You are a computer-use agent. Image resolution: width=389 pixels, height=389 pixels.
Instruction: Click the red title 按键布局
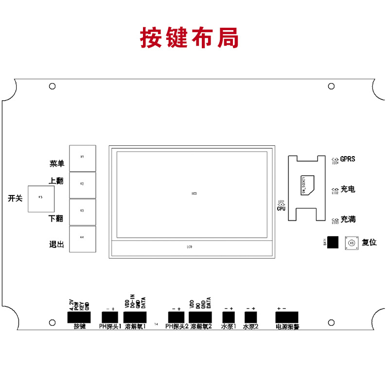pyautogui.click(x=190, y=37)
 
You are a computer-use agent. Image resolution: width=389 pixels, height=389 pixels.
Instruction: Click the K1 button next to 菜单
pyautogui.click(x=83, y=158)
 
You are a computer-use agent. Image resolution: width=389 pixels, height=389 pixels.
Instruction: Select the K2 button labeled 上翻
pyautogui.click(x=83, y=184)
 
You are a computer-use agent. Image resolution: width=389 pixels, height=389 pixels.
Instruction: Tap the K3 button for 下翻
pyautogui.click(x=83, y=211)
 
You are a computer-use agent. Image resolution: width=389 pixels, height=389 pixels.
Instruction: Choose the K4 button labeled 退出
pyautogui.click(x=83, y=238)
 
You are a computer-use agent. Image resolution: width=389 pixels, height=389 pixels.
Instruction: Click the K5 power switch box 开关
pyautogui.click(x=41, y=198)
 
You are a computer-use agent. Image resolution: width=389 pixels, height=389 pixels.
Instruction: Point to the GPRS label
pyautogui.click(x=348, y=159)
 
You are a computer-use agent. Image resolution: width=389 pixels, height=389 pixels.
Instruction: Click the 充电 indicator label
pyautogui.click(x=348, y=189)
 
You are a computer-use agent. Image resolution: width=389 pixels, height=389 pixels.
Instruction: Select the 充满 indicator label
pyautogui.click(x=348, y=219)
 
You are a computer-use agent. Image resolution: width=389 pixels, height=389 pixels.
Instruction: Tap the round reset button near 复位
pyautogui.click(x=351, y=242)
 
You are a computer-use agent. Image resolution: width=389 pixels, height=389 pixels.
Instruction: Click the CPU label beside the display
pyautogui.click(x=281, y=208)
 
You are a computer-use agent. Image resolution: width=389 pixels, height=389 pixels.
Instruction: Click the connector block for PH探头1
pyautogui.click(x=110, y=318)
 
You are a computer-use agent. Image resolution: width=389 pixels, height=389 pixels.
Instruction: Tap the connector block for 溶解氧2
pyautogui.click(x=200, y=318)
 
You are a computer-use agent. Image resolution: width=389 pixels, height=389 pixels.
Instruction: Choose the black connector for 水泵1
pyautogui.click(x=228, y=318)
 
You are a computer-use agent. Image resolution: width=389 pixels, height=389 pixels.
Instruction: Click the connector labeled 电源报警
pyautogui.click(x=287, y=318)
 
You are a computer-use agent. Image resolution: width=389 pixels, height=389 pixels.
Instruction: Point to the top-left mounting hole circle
pyautogui.click(x=52, y=86)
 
